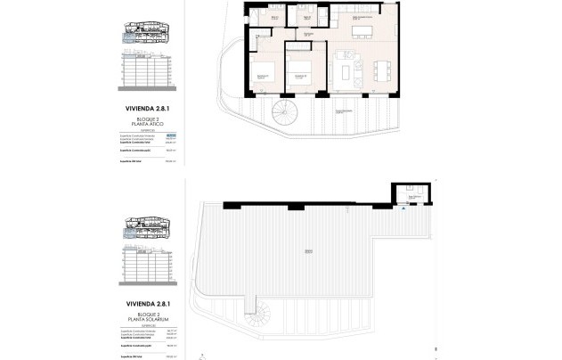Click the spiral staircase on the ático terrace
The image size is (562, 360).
pos(283,113)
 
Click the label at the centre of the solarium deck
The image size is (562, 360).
pos(309,250)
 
